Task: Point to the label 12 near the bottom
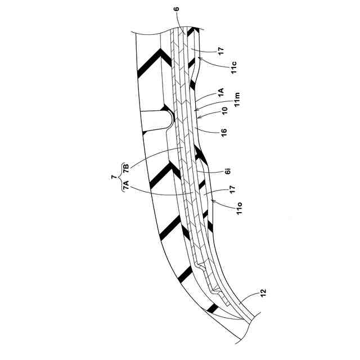click(x=263, y=293)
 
